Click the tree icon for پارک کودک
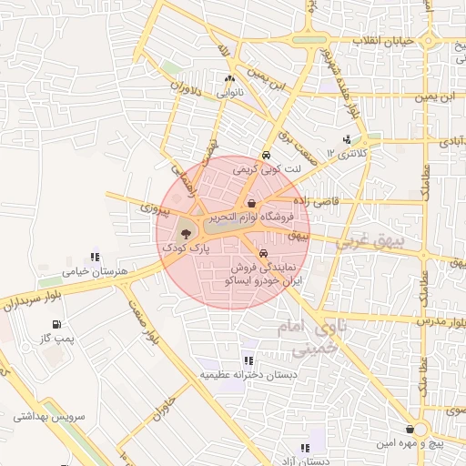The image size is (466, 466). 187,234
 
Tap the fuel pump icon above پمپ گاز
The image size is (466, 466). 57,324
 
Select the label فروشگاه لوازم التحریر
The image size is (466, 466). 250,218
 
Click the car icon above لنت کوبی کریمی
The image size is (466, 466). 265,155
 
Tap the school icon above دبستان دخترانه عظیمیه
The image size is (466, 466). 248,361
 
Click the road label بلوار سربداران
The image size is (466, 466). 35,300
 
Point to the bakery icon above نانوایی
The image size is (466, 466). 229,79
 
